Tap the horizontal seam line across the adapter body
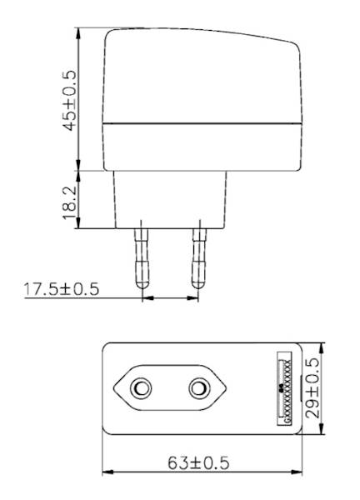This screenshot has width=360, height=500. tap(200, 124)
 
